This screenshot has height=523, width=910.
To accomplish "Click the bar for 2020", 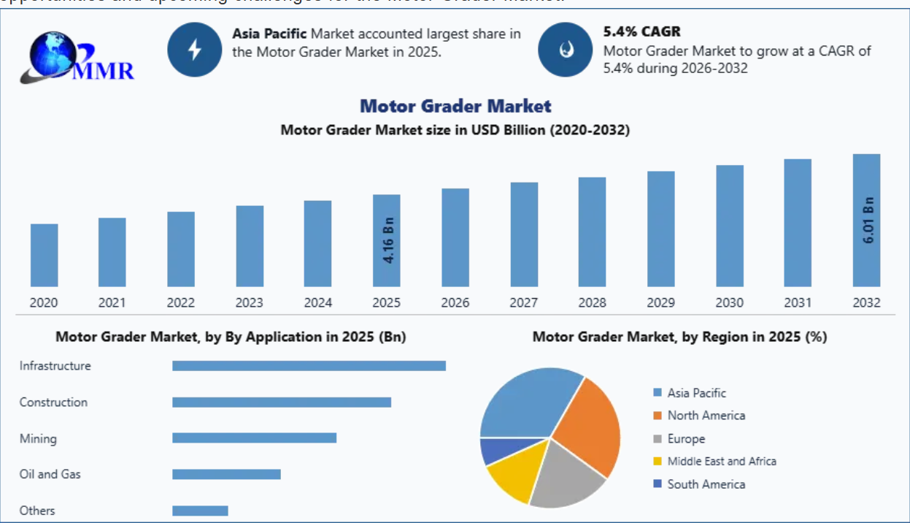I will (44, 255).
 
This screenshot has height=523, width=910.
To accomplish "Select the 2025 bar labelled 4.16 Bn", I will (386, 240).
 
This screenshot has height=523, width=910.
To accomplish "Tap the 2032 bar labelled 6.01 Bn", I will (866, 220).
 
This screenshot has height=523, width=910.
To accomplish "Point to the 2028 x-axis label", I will (592, 302).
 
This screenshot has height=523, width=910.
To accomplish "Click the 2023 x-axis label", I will (250, 302).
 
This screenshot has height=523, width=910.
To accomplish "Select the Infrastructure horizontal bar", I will (309, 365).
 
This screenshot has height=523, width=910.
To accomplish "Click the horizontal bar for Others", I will (200, 511).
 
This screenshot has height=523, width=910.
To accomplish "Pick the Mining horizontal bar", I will (254, 438).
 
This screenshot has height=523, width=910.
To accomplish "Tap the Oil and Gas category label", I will (50, 474).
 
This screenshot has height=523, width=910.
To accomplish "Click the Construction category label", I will (53, 402).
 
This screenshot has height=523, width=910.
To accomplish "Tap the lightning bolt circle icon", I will (194, 50).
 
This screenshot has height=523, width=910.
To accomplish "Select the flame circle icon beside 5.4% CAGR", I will (565, 50).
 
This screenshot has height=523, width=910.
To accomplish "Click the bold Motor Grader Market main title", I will (455, 106).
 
